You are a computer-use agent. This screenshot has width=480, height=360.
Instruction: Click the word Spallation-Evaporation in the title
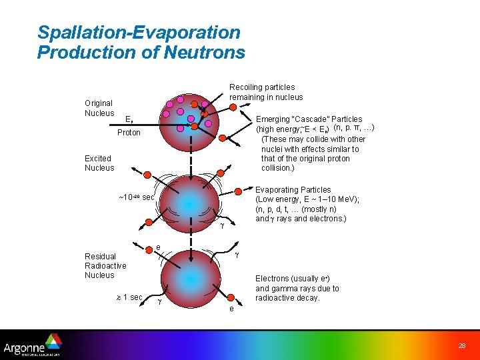(x=139, y=32)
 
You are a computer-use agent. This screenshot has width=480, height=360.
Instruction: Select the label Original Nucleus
(x=99, y=108)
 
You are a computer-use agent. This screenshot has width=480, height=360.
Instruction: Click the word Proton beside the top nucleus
(x=129, y=133)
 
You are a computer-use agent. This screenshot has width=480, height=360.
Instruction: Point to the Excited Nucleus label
(x=99, y=163)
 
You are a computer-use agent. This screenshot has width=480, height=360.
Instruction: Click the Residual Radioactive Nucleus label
(x=105, y=265)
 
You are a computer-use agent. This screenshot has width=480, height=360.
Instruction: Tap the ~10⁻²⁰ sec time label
(x=136, y=197)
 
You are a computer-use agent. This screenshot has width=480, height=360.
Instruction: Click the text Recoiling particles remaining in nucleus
(x=266, y=92)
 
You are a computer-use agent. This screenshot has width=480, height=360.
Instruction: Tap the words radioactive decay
(x=287, y=298)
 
